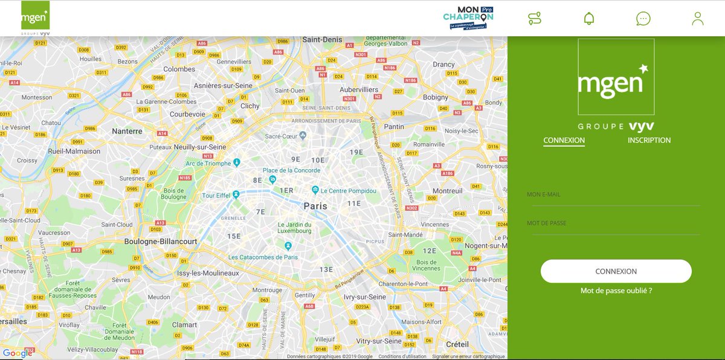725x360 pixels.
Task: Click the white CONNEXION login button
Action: pyautogui.click(x=616, y=271)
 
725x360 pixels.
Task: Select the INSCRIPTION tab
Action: pyautogui.click(x=649, y=140)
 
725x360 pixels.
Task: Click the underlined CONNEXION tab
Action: pyautogui.click(x=564, y=140)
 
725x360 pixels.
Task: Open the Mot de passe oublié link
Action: pyautogui.click(x=616, y=291)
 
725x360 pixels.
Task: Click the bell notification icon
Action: pyautogui.click(x=588, y=18)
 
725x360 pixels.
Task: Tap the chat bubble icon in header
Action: pyautogui.click(x=643, y=18)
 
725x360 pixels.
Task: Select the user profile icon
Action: pyautogui.click(x=698, y=18)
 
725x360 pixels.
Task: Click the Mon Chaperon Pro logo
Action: pyautogui.click(x=468, y=18)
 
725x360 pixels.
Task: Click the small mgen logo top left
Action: pyautogui.click(x=35, y=17)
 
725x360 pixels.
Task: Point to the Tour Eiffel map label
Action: pyautogui.click(x=217, y=195)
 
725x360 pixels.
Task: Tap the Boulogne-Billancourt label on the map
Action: pyautogui.click(x=160, y=241)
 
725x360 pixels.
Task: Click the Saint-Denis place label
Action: pyautogui.click(x=322, y=39)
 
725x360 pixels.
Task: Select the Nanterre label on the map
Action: pyautogui.click(x=127, y=130)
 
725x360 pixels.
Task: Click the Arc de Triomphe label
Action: pyautogui.click(x=208, y=163)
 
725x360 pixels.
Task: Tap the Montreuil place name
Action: pyautogui.click(x=447, y=190)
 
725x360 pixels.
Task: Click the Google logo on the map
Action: pyautogui.click(x=17, y=353)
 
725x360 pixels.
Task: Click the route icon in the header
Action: pyautogui.click(x=534, y=18)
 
